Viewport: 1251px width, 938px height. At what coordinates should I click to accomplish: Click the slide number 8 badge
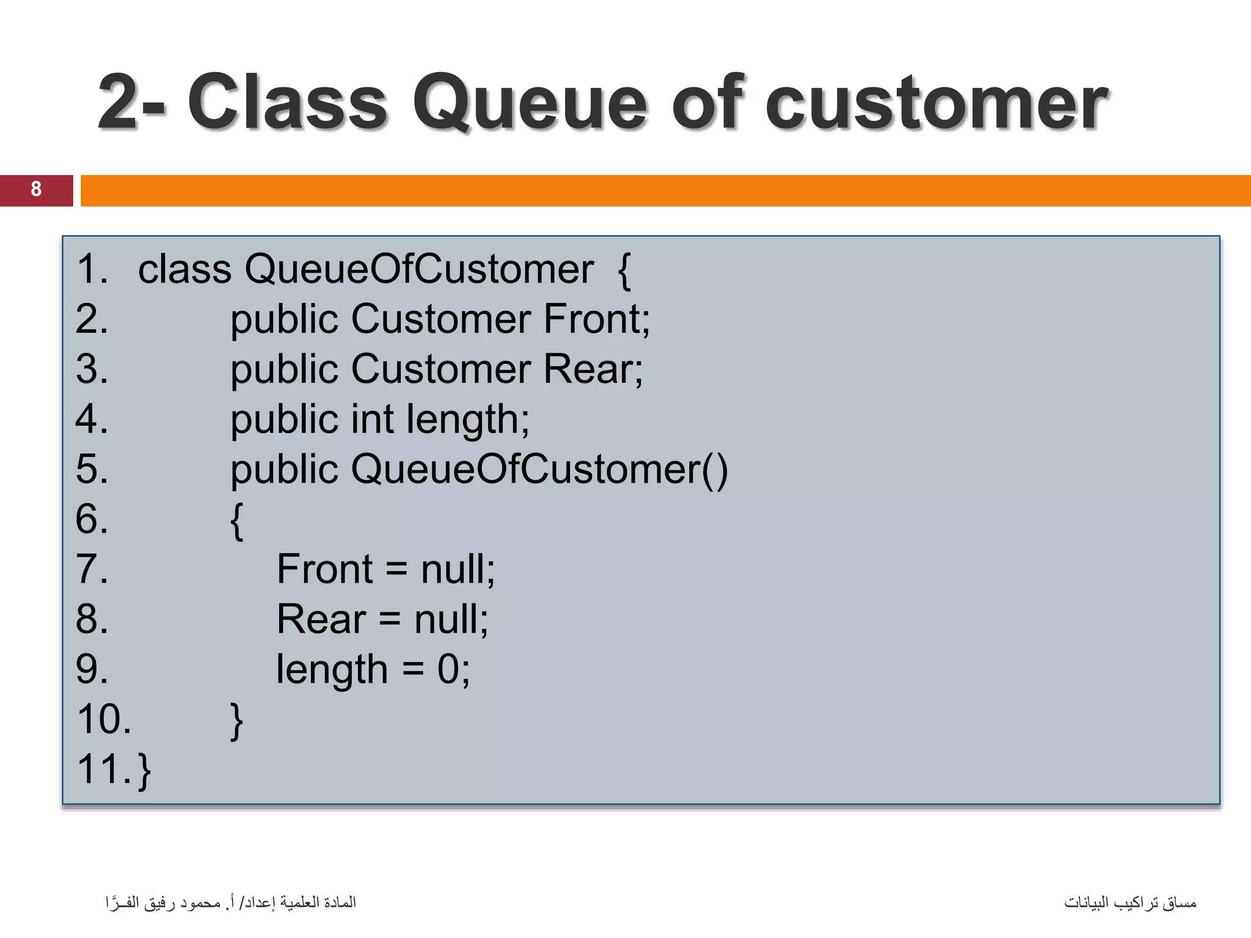36,189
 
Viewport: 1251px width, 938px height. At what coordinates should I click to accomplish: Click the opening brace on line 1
624,270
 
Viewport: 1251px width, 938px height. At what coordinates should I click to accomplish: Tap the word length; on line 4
467,420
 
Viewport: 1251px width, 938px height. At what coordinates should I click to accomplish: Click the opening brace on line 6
237,520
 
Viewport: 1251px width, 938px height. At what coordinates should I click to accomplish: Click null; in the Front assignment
458,569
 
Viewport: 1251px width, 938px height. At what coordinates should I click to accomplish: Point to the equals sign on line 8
389,619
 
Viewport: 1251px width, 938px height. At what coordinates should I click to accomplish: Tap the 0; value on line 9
453,669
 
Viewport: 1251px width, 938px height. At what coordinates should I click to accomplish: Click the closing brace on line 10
237,721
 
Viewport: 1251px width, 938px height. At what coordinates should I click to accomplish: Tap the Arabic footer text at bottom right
1130,902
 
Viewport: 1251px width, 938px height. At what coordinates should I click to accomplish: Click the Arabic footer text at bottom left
230,902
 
